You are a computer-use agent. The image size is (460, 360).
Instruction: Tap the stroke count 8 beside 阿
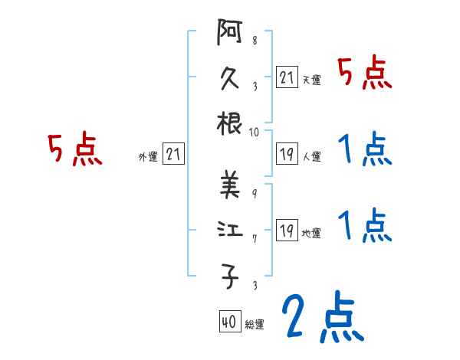coord(255,41)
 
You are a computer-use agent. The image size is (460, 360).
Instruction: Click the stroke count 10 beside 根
coord(255,132)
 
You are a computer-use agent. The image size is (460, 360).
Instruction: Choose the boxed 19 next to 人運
coord(287,153)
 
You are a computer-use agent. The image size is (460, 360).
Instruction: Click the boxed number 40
coord(228,322)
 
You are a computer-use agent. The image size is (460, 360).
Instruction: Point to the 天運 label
coord(311,80)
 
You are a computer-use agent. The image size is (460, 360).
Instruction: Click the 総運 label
coord(255,326)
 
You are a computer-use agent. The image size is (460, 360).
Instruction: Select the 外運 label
coord(148,157)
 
